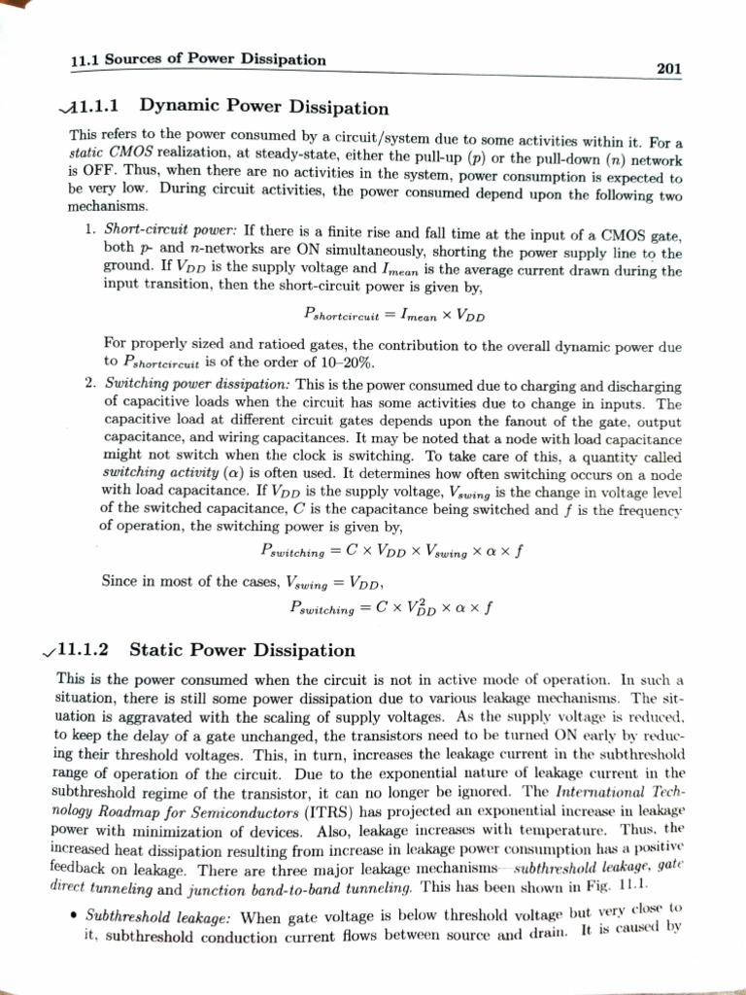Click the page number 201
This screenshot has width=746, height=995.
pyautogui.click(x=669, y=68)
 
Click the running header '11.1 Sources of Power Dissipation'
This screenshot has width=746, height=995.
pyautogui.click(x=198, y=60)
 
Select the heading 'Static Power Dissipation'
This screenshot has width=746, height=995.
pyautogui.click(x=242, y=649)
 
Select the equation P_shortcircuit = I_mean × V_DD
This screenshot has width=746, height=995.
pyautogui.click(x=393, y=316)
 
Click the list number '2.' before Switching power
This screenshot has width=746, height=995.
pyautogui.click(x=88, y=385)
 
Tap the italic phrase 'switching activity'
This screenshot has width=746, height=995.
pyautogui.click(x=146, y=473)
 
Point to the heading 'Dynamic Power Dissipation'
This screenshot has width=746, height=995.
pyautogui.click(x=264, y=107)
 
